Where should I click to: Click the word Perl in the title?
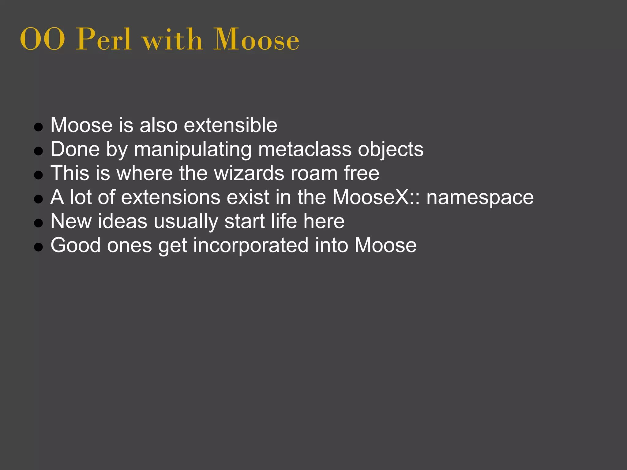(x=104, y=39)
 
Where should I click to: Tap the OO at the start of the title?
(x=42, y=39)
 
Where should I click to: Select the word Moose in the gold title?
(x=256, y=39)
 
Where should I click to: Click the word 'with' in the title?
(x=173, y=39)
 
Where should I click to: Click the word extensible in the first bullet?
(x=231, y=125)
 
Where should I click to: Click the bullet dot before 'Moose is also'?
(x=38, y=127)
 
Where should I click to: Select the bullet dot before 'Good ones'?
(x=38, y=247)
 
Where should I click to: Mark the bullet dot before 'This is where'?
(x=38, y=175)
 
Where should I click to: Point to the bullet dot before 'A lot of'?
(x=38, y=199)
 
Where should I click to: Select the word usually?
(x=186, y=222)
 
